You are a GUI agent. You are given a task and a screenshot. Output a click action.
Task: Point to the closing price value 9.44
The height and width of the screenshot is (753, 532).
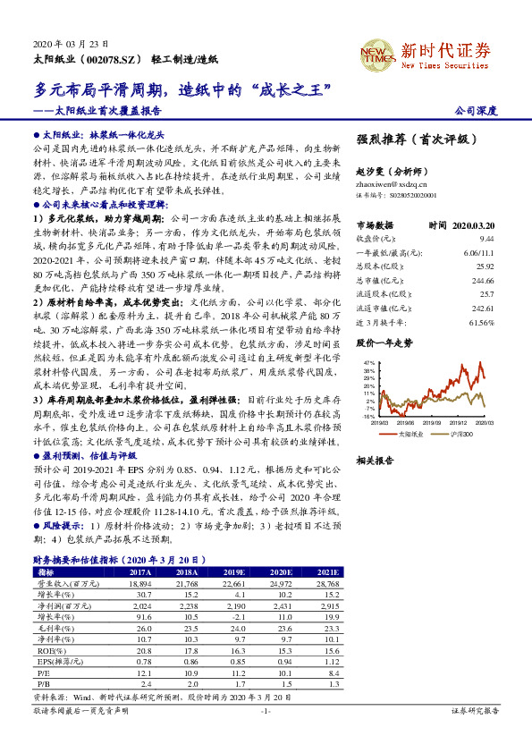click(x=486, y=240)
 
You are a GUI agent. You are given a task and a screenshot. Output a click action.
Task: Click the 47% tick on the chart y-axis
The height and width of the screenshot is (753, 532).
click(x=368, y=361)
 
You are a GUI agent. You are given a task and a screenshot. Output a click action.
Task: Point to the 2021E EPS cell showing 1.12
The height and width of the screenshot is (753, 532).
click(x=329, y=661)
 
